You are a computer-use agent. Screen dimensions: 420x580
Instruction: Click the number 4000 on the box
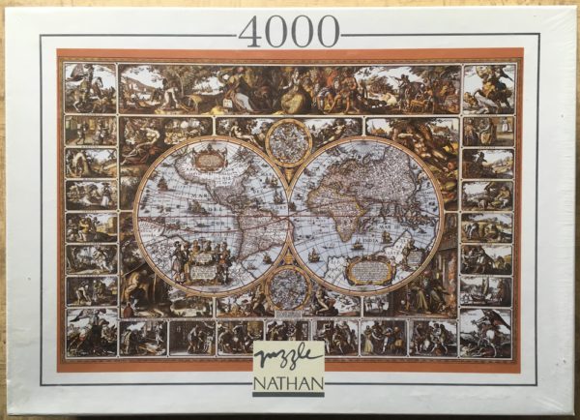pyautogui.click(x=288, y=31)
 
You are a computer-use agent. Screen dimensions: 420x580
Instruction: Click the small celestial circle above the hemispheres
pyautogui.click(x=288, y=141)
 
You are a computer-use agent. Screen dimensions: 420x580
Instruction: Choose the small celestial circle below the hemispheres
pyautogui.click(x=288, y=286)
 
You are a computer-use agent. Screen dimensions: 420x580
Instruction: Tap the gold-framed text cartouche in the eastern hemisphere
pyautogui.click(x=370, y=270)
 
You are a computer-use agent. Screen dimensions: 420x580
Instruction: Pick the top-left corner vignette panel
pyautogui.click(x=90, y=88)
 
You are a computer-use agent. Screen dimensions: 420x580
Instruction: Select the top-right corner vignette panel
pyautogui.click(x=488, y=88)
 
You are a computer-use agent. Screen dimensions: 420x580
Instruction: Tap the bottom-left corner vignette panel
pyautogui.click(x=91, y=332)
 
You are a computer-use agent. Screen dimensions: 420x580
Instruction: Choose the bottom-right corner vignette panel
pyautogui.click(x=487, y=332)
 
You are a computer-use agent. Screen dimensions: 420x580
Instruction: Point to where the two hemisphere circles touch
pyautogui.click(x=288, y=213)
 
